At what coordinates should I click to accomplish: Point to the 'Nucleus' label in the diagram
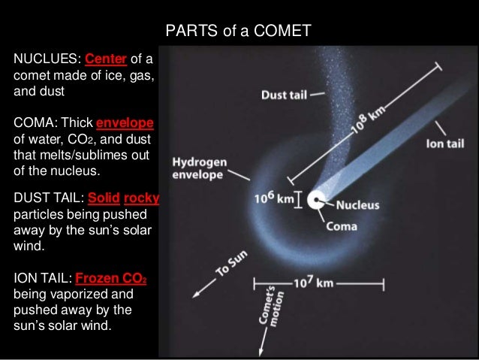pyautogui.click(x=357, y=204)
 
